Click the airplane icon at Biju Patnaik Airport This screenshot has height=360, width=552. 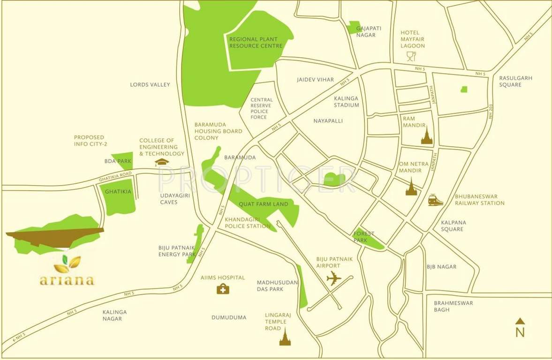[334, 278]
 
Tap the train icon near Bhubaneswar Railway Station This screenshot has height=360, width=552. [435, 200]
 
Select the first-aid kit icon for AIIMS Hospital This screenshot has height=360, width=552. [223, 289]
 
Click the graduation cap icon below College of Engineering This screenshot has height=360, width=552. [162, 162]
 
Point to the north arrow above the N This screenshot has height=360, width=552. [520, 321]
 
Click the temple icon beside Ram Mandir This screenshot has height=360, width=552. [426, 136]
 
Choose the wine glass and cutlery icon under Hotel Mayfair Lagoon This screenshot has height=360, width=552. [411, 57]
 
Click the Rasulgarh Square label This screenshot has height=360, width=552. [515, 82]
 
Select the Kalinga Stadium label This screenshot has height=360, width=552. [347, 102]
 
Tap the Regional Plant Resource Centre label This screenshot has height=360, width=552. [256, 43]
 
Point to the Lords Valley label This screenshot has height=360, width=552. [150, 85]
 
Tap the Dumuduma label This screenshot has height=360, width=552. [229, 317]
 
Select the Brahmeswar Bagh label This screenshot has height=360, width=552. [453, 306]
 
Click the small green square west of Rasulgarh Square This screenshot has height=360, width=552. [464, 89]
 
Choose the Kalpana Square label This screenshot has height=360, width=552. [452, 226]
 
